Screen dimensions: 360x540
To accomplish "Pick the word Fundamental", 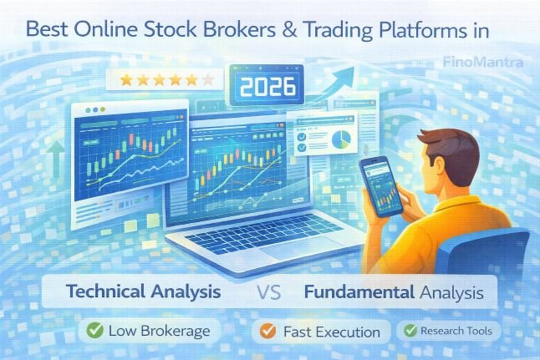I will tap(359, 293).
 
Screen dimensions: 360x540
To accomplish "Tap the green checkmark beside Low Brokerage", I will tap(94, 331).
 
